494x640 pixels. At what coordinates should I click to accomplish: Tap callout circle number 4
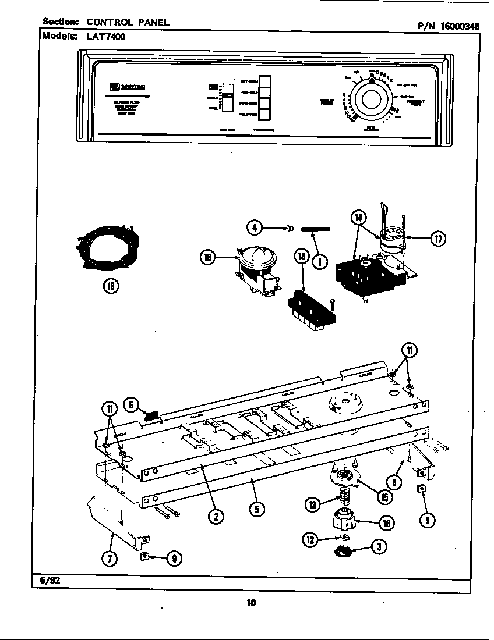[253, 227]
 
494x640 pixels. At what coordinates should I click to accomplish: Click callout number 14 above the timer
[359, 218]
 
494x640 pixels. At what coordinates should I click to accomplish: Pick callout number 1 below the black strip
[319, 261]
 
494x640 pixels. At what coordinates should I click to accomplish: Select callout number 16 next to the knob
[386, 523]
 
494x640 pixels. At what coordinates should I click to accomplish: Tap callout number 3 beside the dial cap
[380, 547]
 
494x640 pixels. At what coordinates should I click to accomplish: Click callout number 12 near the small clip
[309, 541]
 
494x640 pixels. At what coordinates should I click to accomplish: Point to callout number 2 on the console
[216, 515]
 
